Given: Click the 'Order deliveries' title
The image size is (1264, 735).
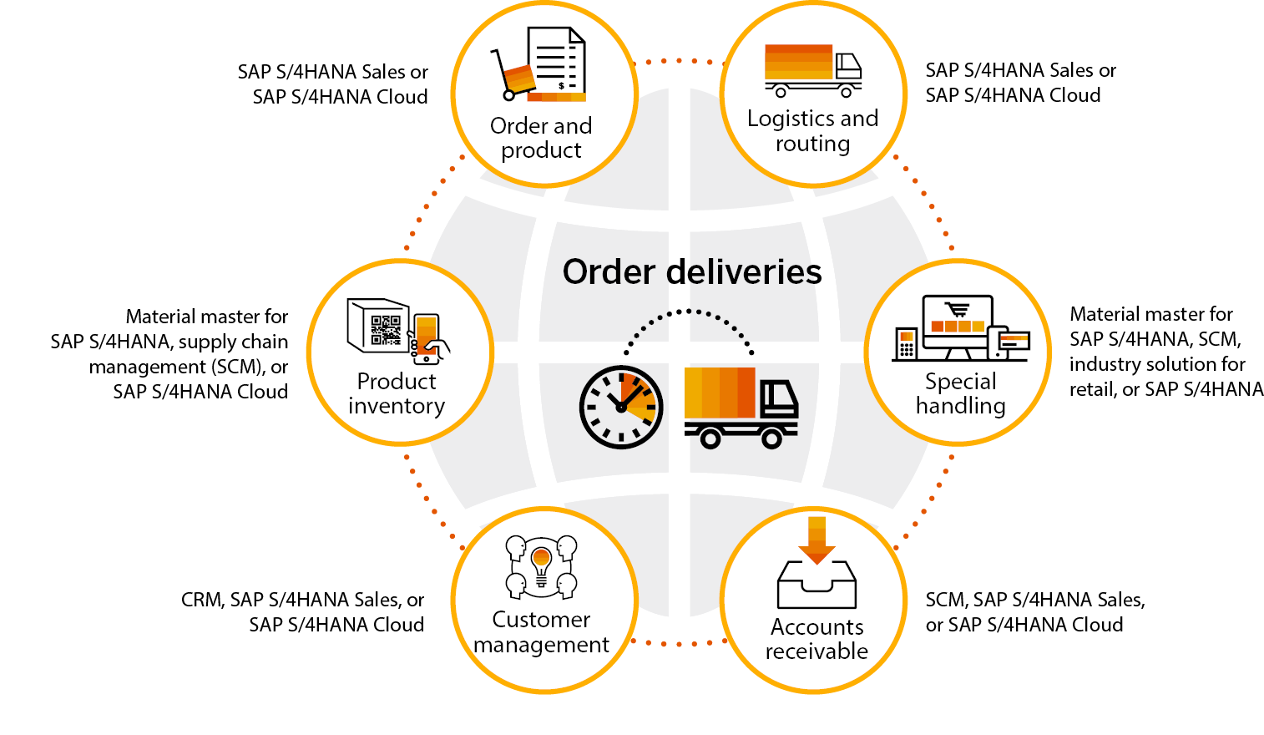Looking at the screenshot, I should pyautogui.click(x=692, y=272).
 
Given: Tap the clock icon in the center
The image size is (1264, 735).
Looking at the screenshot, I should pyautogui.click(x=621, y=407).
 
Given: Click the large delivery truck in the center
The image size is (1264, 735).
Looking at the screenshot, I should pyautogui.click(x=740, y=406).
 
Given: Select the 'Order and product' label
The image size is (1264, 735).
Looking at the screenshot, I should pyautogui.click(x=541, y=138).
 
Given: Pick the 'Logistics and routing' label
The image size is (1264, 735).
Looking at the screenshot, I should pyautogui.click(x=812, y=131).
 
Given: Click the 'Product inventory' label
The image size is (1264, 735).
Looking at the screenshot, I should pyautogui.click(x=397, y=393).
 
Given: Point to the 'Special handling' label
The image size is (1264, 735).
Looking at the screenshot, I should pyautogui.click(x=960, y=393).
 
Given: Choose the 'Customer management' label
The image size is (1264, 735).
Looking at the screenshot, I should pyautogui.click(x=541, y=632).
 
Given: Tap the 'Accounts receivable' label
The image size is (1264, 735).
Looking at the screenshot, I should pyautogui.click(x=817, y=639).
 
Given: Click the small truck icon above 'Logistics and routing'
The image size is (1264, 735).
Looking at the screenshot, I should pyautogui.click(x=812, y=70).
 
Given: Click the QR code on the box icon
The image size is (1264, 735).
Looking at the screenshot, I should pyautogui.click(x=385, y=329).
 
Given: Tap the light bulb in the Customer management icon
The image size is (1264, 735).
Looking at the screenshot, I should pyautogui.click(x=541, y=563).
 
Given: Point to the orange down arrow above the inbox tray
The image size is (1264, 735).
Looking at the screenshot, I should pyautogui.click(x=817, y=540).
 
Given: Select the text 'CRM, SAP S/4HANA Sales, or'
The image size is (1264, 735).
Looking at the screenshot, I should pyautogui.click(x=302, y=600).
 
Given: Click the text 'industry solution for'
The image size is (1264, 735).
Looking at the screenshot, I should pyautogui.click(x=1156, y=364).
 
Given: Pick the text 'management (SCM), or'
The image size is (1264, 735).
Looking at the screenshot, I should pyautogui.click(x=189, y=367).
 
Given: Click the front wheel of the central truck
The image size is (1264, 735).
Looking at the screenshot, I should pyautogui.click(x=771, y=437).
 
